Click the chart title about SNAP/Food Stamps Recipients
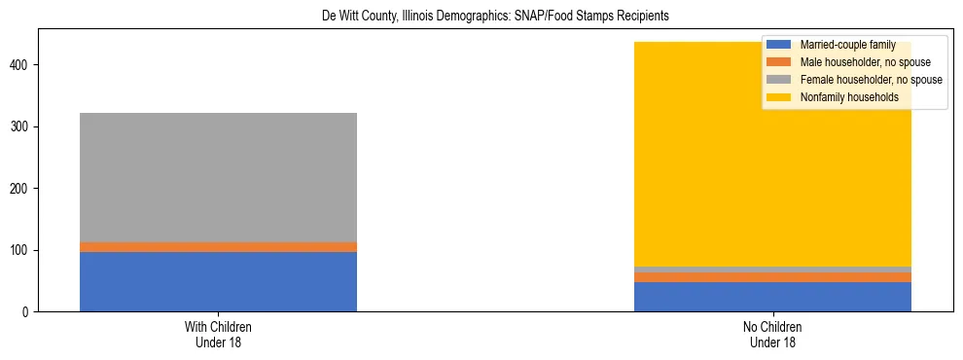[481, 17]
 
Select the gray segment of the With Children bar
[218, 177]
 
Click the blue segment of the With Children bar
[218, 281]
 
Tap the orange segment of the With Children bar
[218, 247]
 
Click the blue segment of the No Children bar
[772, 297]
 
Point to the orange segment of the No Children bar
[772, 277]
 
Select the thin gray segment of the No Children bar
[772, 270]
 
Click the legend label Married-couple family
[847, 45]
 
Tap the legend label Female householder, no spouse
[871, 80]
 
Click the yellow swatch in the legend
[779, 97]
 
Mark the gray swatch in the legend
[779, 80]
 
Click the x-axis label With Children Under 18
[218, 335]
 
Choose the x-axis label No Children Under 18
[772, 335]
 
